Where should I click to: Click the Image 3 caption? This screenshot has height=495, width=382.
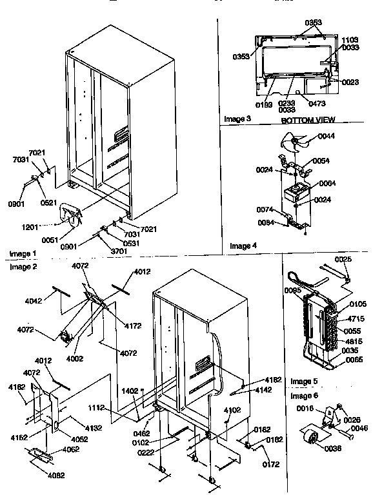[237, 119]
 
